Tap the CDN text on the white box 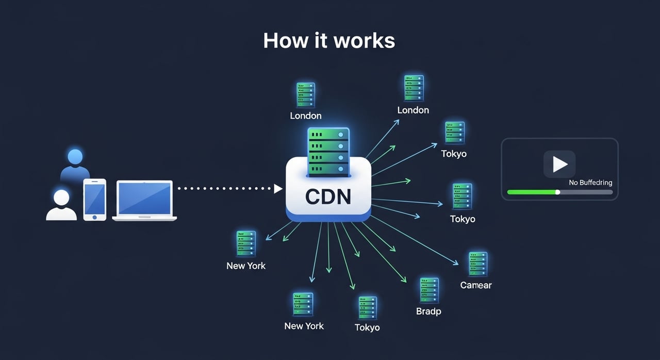(x=328, y=197)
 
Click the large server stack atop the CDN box (x=328, y=152)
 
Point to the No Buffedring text (x=590, y=183)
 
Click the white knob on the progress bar (x=557, y=192)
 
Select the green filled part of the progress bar (x=532, y=192)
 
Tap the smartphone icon (x=94, y=199)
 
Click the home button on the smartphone (x=94, y=217)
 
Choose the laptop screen (x=144, y=199)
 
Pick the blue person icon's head (x=75, y=157)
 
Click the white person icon (x=61, y=205)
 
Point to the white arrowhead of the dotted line (x=278, y=189)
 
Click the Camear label (x=475, y=285)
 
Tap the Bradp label (x=428, y=312)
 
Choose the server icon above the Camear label (x=477, y=264)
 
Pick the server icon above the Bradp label (x=429, y=290)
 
